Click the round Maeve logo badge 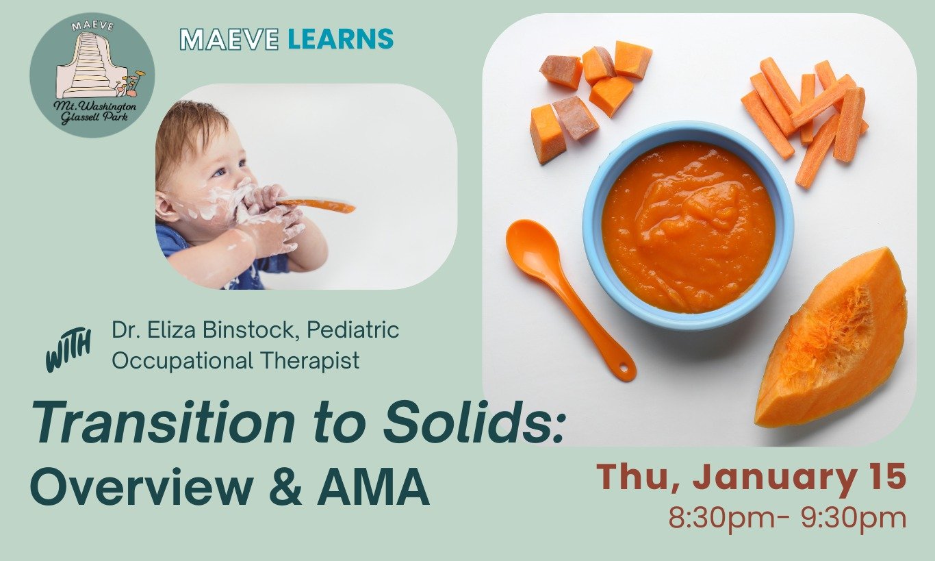point(92,75)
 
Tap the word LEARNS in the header point(340,39)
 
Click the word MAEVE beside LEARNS point(229,39)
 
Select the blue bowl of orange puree point(687,227)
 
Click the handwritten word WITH point(68,350)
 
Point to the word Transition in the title point(162,425)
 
